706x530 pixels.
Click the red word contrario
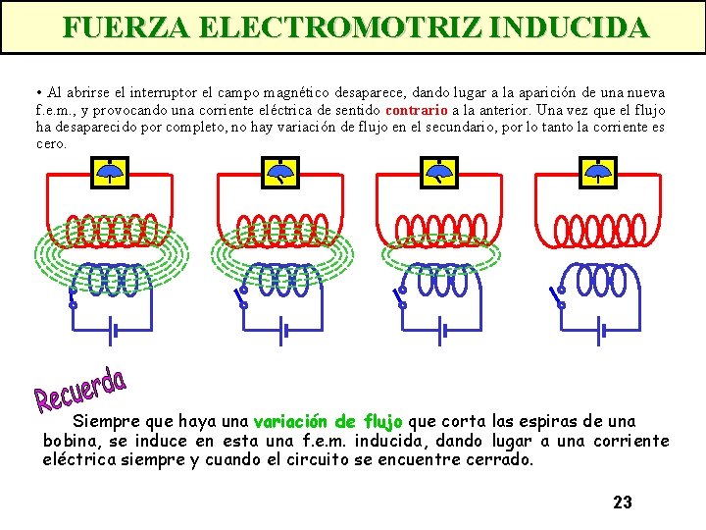[417, 110]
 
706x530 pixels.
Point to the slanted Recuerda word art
[80, 390]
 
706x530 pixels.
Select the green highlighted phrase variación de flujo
[328, 422]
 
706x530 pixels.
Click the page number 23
[623, 503]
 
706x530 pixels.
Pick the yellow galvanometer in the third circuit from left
[437, 174]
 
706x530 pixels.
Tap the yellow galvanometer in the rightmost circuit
[598, 174]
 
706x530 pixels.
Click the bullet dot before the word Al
[39, 93]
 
